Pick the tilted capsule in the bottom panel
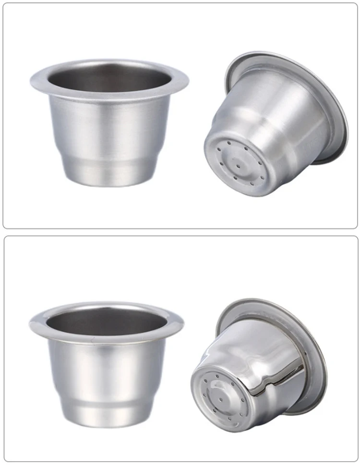[259, 370]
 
